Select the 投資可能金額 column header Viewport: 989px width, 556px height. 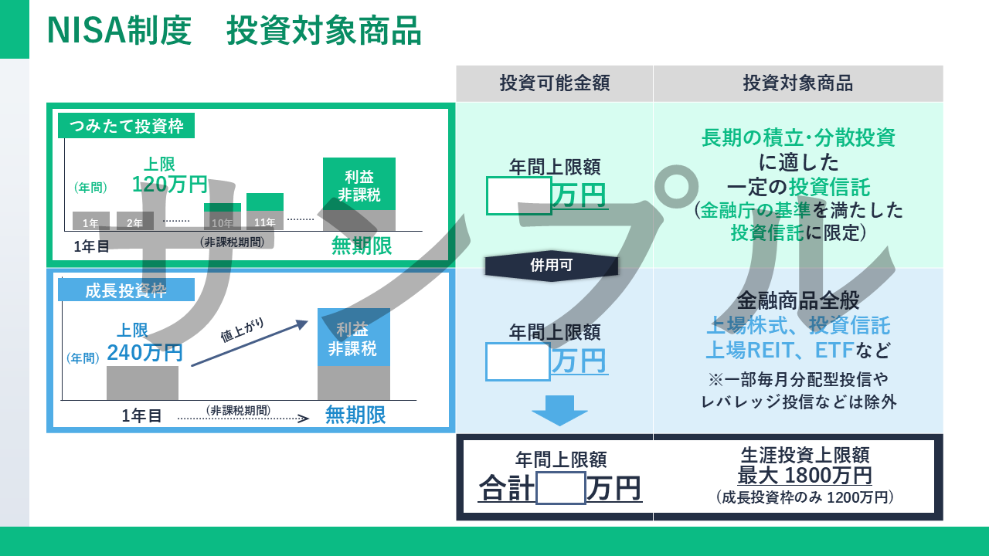pos(554,83)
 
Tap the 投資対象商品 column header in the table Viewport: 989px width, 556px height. pos(797,83)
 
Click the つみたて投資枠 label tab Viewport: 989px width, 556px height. pos(126,126)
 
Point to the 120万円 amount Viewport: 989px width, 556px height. pos(169,185)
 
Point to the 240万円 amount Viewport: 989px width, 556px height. pos(145,353)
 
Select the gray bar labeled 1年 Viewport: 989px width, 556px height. pos(90,222)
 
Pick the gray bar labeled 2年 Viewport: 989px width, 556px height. pos(135,222)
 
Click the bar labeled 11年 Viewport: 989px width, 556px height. pos(265,212)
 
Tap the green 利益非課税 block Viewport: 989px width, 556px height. pos(359,184)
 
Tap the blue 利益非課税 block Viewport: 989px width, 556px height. pos(353,337)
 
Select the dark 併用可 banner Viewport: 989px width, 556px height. pos(552,266)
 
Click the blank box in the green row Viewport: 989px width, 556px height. pos(518,195)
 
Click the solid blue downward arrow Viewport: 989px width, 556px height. pos(559,410)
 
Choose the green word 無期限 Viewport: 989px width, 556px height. pos(361,246)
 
